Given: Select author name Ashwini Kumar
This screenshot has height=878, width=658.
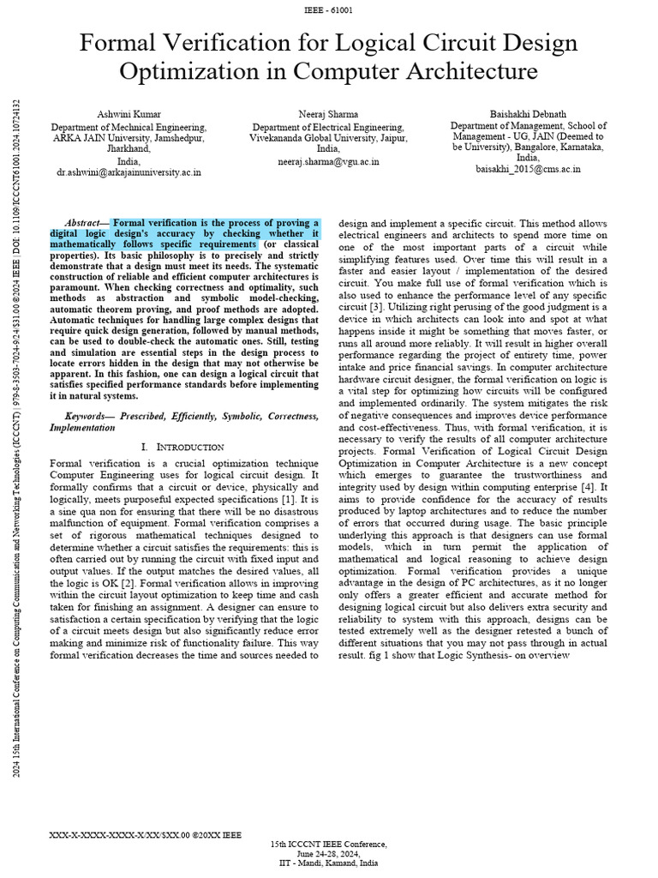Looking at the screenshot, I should tap(129, 114).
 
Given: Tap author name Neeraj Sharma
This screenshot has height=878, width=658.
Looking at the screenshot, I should tap(328, 114).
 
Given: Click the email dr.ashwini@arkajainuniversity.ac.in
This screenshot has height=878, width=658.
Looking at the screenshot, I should tap(129, 171).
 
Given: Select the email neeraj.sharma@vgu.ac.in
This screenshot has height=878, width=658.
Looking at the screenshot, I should tap(328, 161).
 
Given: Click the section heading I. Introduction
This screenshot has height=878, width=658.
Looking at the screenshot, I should tap(182, 447).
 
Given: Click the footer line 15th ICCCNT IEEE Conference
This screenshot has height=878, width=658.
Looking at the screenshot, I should tap(328, 844).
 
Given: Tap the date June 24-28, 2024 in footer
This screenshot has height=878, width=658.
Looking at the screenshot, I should tap(328, 853).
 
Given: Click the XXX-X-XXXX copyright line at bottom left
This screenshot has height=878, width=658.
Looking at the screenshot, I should tap(145, 833).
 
